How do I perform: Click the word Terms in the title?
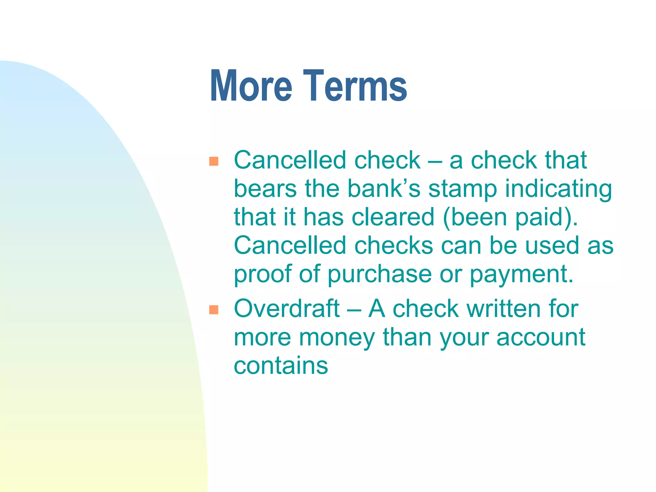pos(355,86)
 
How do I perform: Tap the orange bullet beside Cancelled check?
pos(214,161)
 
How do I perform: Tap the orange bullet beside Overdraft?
pos(214,310)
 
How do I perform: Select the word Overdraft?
pos(287,308)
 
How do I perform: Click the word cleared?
pos(393,217)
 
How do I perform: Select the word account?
pos(541,338)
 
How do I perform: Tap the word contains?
pos(281,365)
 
